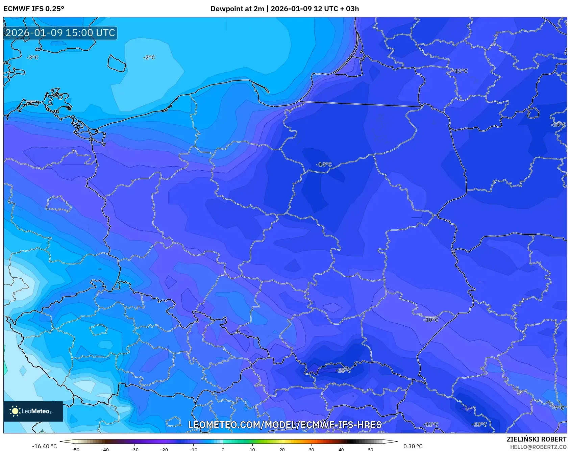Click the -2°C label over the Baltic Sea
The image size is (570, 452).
149,58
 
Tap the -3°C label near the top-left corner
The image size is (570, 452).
33,58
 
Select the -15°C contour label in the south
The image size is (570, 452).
343,371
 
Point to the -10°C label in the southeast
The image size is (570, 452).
431,320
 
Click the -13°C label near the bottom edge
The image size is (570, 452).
479,424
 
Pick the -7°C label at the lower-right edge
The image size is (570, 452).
558,408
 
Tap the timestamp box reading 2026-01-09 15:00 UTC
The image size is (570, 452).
60,33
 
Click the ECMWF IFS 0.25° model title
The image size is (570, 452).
33,9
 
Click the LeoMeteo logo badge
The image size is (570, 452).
33,411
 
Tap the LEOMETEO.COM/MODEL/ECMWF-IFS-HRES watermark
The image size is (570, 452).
285,425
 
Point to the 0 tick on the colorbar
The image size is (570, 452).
223,449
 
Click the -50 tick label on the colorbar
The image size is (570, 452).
75,450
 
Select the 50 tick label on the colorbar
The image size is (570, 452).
370,450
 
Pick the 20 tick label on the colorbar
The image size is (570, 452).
282,450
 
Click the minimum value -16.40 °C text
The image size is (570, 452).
44,446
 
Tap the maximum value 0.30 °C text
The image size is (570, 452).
413,446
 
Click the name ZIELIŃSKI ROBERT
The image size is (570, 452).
536,439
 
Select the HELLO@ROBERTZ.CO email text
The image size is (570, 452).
538,447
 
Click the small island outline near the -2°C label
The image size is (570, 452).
117,63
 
